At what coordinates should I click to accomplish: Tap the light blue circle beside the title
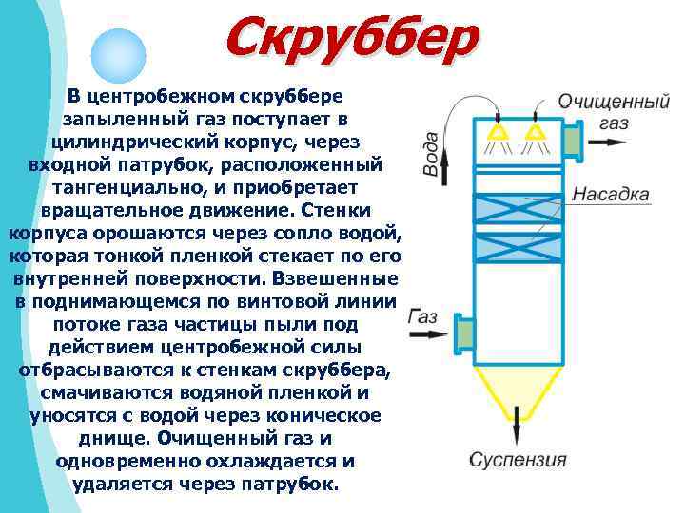[x=118, y=57]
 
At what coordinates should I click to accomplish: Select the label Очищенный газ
[x=606, y=110]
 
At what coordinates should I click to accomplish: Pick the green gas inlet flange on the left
[x=465, y=332]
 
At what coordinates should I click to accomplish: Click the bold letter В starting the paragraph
[x=73, y=96]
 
